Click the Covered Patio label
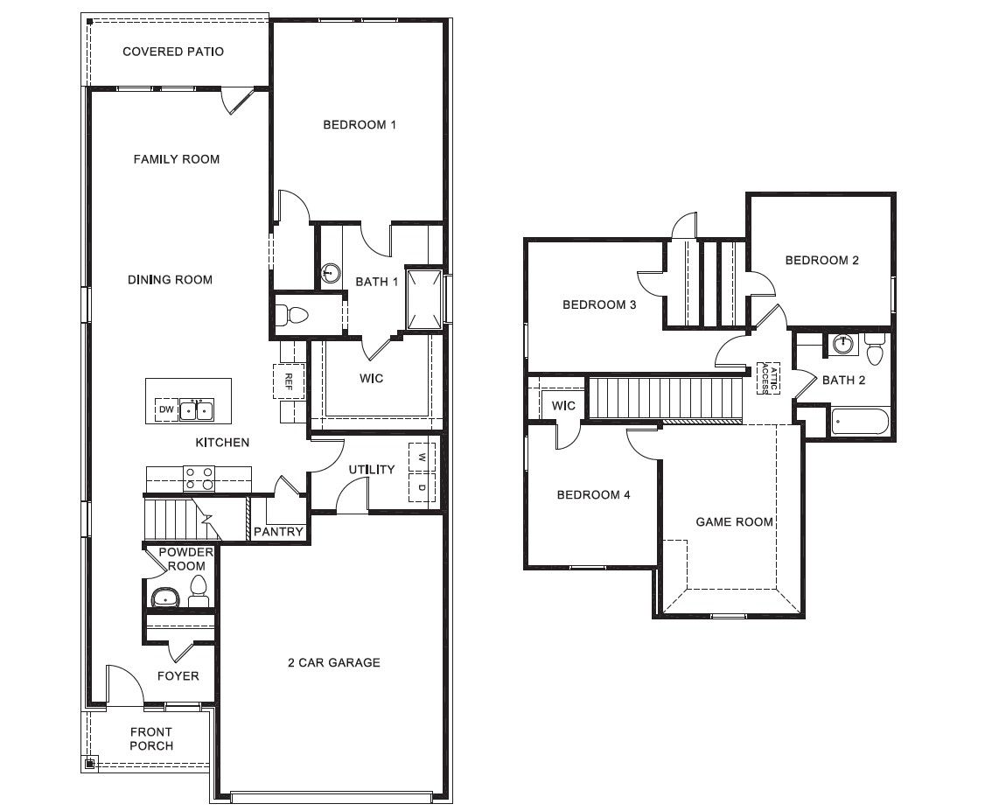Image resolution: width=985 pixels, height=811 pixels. point(173,52)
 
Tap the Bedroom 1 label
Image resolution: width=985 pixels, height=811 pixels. point(360,125)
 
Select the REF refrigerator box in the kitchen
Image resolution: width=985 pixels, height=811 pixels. point(288,381)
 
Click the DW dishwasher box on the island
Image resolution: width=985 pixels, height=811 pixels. point(165,409)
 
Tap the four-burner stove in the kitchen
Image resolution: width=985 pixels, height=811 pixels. point(199,478)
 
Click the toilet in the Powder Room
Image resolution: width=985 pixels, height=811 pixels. point(199,591)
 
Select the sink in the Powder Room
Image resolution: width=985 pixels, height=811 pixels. point(164,598)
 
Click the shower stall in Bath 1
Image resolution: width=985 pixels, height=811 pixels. point(424,298)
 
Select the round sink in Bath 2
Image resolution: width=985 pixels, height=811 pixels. point(842,344)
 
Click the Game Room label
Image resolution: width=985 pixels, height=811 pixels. point(734,522)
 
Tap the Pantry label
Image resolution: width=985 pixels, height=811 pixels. point(278,532)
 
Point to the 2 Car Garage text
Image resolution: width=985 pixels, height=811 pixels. point(333,663)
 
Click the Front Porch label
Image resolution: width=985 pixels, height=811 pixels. point(151,739)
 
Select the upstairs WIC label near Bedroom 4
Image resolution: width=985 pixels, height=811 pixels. point(563,406)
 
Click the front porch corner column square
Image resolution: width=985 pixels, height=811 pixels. point(90,763)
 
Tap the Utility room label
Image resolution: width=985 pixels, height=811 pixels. point(372,470)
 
